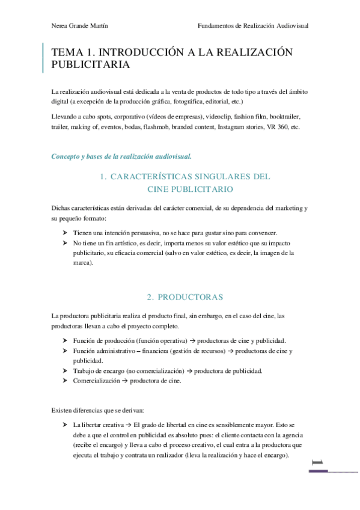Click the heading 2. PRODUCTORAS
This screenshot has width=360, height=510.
(185, 297)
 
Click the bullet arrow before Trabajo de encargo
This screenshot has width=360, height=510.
(65, 370)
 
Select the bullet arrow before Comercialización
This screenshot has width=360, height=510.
(65, 381)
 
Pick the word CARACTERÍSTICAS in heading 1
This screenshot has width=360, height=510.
(159, 177)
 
